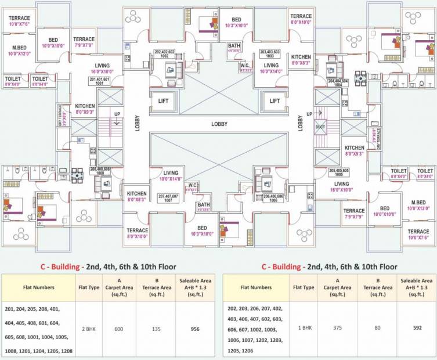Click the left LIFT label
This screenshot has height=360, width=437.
click(x=163, y=101)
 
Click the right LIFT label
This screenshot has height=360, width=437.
click(x=275, y=101)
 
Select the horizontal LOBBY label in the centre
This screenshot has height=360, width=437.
click(x=219, y=124)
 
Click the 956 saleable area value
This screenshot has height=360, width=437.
click(x=194, y=328)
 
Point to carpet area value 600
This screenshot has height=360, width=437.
click(x=119, y=328)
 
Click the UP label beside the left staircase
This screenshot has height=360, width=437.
click(x=118, y=114)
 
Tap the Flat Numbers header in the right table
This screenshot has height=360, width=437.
click(x=256, y=287)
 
